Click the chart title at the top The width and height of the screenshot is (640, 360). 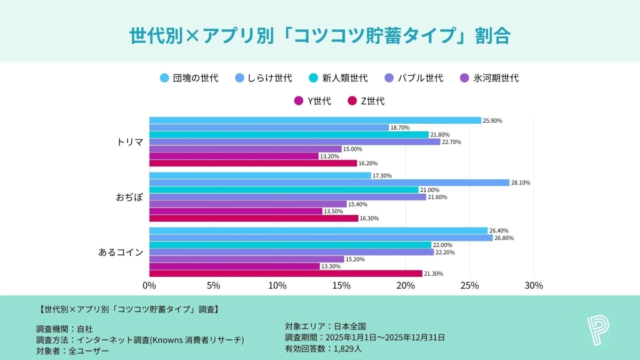(x=320, y=36)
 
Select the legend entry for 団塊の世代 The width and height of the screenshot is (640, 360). (x=189, y=78)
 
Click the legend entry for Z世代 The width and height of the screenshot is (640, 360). (x=366, y=101)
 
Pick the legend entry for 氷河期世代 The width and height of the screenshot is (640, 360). (x=489, y=78)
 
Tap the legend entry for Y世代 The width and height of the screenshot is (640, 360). (x=313, y=101)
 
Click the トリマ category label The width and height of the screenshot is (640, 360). (x=130, y=142)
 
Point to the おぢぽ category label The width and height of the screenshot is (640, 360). (x=130, y=197)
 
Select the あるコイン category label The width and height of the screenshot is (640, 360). (x=121, y=252)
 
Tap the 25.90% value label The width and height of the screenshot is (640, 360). (x=492, y=121)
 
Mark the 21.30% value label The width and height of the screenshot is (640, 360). (x=433, y=274)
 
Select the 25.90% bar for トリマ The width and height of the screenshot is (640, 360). (x=315, y=121)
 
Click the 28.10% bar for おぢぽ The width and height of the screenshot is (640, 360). (x=329, y=183)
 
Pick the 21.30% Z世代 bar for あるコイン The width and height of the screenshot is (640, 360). (x=285, y=274)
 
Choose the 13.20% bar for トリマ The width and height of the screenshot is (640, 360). (x=234, y=156)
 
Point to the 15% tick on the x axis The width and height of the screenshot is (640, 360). (x=341, y=285)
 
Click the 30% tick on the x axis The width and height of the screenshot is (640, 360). (x=533, y=285)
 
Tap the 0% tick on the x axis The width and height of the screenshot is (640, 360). (x=149, y=285)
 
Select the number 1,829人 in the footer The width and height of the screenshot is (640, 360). (x=348, y=349)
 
